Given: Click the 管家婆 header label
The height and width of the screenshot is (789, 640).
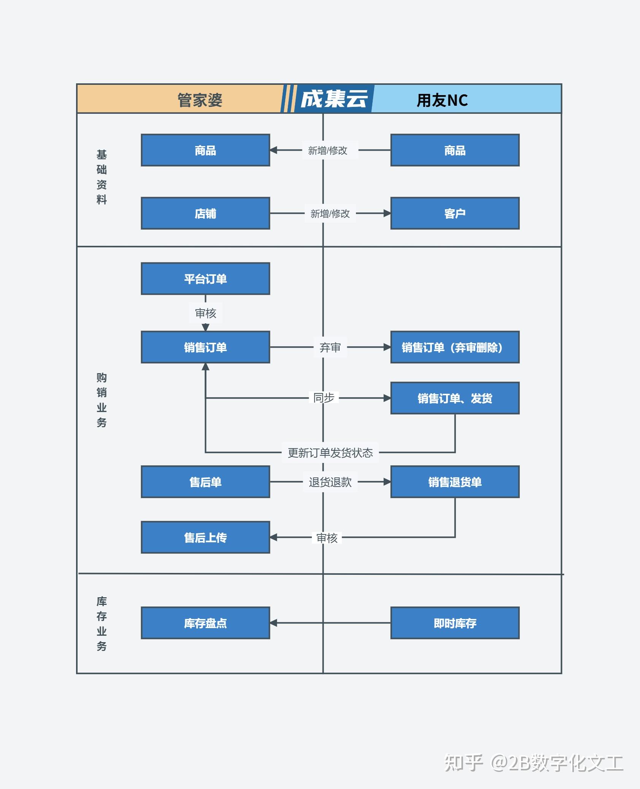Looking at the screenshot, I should click(200, 100).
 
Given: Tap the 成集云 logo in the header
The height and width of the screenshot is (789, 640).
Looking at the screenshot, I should click(334, 99).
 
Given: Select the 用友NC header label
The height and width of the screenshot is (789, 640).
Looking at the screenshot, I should click(442, 100).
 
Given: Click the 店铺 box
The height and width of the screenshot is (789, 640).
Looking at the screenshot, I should click(205, 213).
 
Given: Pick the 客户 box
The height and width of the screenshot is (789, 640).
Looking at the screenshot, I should click(455, 213).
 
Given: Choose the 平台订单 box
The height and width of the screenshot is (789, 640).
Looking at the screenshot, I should click(205, 279).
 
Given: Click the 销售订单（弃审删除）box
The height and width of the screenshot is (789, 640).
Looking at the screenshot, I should click(455, 347).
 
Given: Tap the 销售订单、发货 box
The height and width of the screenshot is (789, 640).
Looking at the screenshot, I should click(455, 398).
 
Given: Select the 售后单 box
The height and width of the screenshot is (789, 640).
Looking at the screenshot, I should click(205, 482).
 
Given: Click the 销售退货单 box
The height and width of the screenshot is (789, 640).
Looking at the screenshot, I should click(455, 482).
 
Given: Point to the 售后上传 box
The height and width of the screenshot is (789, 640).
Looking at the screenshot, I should click(205, 538).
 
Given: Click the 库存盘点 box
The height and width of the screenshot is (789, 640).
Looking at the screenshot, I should click(205, 623).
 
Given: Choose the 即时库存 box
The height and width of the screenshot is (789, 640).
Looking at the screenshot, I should click(455, 623).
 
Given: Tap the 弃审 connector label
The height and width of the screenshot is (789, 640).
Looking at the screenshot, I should click(330, 347).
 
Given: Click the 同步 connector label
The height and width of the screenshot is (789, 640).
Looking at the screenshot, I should click(324, 398).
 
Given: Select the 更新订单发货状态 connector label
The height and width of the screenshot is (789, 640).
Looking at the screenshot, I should click(330, 453).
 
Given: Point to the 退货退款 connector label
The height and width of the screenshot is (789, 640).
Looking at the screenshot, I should click(330, 482).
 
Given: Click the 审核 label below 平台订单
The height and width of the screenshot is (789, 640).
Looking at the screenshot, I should click(205, 313).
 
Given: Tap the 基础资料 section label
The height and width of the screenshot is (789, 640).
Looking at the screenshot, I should click(102, 177).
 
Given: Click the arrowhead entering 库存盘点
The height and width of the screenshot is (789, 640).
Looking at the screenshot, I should click(273, 623).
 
